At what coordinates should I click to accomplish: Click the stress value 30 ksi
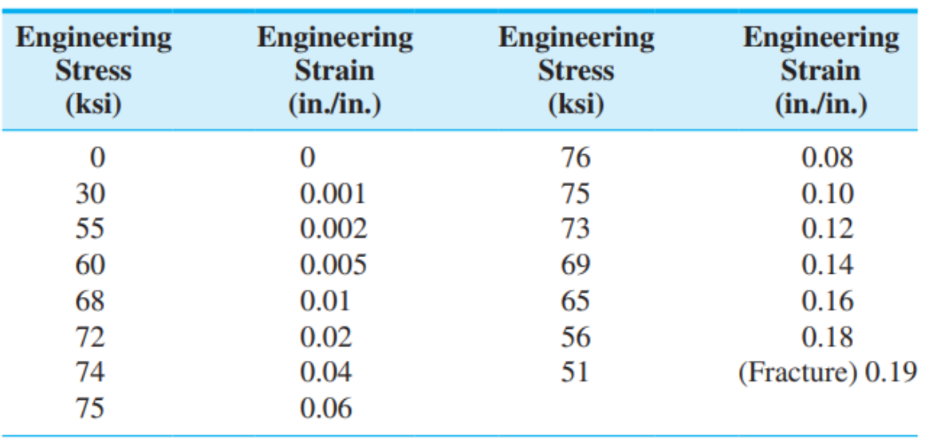coord(90,194)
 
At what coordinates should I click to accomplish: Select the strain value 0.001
coord(333,194)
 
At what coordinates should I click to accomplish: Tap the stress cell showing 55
coord(90,229)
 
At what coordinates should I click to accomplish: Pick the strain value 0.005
coord(333,265)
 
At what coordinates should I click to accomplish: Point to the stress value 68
coord(90,301)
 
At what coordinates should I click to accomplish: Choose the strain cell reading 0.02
coord(325,337)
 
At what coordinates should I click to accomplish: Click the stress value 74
coord(90,373)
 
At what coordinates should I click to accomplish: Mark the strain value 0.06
coord(325,409)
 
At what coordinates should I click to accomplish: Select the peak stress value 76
coord(575,158)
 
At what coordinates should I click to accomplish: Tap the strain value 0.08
coord(827,158)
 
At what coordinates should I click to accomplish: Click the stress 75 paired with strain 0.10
coord(575,194)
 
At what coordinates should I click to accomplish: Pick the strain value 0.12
coord(827,229)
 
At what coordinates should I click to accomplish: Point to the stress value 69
coord(575,265)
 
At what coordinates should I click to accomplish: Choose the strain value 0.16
coord(827,301)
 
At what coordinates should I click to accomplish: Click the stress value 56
coord(575,337)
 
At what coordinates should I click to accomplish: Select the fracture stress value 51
coord(575,373)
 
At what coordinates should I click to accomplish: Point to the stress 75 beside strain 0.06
coord(90,409)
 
